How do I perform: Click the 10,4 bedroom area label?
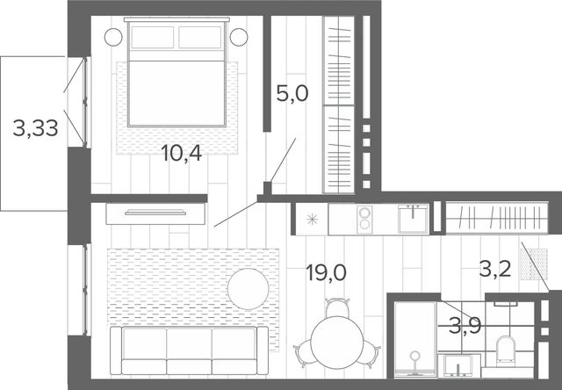pos(182,153)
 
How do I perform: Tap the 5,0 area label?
pos(292,94)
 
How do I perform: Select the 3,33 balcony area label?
pos(35,128)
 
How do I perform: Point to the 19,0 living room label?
pos(326,272)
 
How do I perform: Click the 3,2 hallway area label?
pos(495,269)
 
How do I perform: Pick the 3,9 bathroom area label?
pos(465,326)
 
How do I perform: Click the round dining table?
pos(337,343)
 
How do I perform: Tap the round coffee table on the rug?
pos(248,289)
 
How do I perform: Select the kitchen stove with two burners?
pos(364,219)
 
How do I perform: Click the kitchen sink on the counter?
pos(414,219)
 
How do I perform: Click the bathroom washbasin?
pos(459,365)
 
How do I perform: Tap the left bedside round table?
pos(113,37)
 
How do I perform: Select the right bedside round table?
pos(239,37)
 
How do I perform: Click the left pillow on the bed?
pos(152,37)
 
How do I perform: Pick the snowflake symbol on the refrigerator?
pos(313,219)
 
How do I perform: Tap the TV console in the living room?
pos(155,213)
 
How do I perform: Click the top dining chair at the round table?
pos(337,307)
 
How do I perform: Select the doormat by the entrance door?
pos(534,264)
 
